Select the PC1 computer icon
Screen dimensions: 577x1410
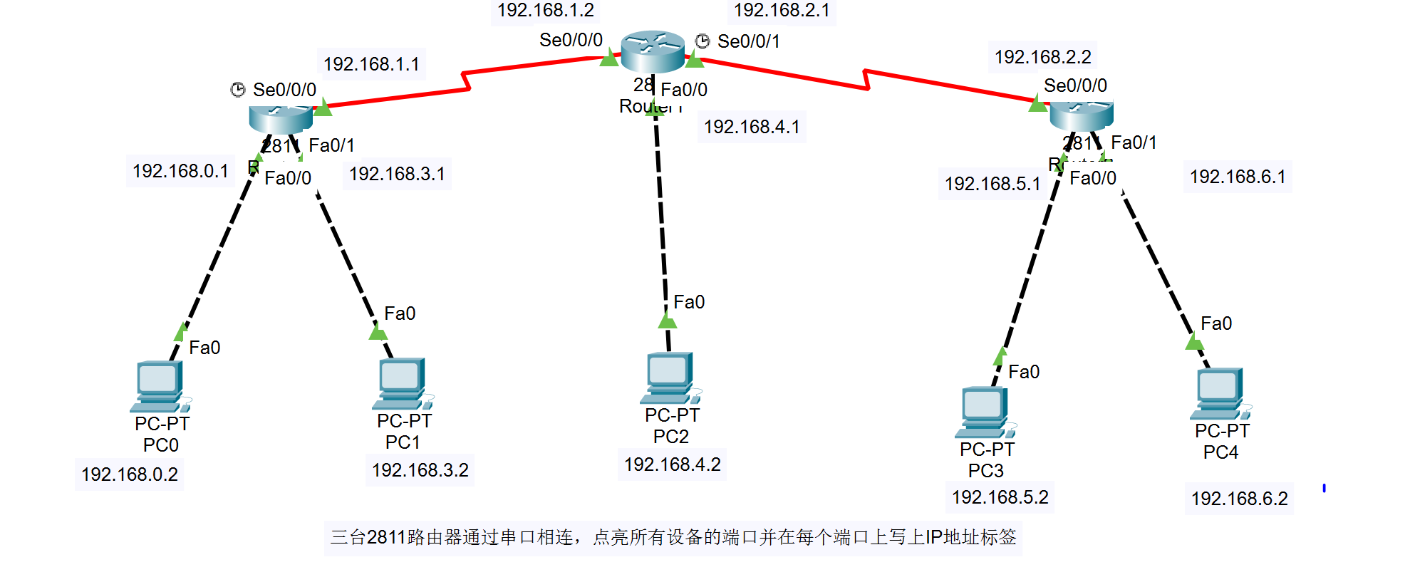[x=402, y=383]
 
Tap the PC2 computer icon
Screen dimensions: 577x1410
[x=670, y=378]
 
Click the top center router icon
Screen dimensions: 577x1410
[x=653, y=51]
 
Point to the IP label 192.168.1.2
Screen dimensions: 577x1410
[x=545, y=11]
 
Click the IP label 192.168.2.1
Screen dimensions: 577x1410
[x=782, y=11]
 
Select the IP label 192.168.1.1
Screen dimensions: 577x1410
[x=371, y=64]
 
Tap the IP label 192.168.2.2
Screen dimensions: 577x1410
[x=1042, y=57]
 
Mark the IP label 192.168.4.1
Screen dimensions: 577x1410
[x=752, y=127]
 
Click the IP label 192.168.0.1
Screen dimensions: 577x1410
[x=180, y=171]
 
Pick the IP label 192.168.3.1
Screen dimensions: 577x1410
[x=397, y=174]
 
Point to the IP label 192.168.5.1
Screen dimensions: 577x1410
[x=992, y=184]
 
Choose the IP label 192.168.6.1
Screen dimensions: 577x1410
[x=1238, y=177]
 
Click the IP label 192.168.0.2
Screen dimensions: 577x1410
[x=129, y=474]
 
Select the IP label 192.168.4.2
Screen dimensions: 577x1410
[x=672, y=464]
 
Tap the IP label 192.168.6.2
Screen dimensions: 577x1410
[x=1239, y=499]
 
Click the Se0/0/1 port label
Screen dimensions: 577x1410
[x=748, y=41]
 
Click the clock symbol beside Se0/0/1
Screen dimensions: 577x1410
[x=703, y=41]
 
